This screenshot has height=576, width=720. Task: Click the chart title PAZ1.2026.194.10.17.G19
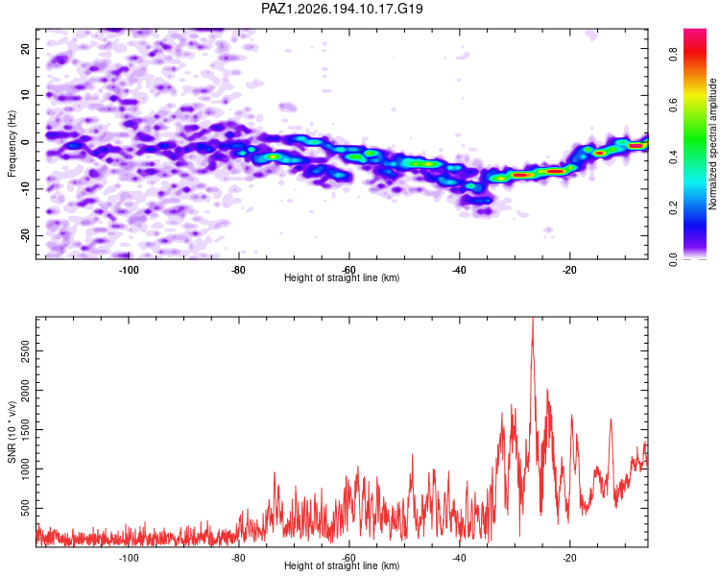click(x=342, y=9)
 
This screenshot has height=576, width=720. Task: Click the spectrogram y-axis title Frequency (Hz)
click(x=12, y=144)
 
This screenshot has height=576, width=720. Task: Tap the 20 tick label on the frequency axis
click(x=25, y=48)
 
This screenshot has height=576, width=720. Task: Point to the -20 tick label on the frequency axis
click(x=25, y=236)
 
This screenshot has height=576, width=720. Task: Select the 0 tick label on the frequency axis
click(x=25, y=142)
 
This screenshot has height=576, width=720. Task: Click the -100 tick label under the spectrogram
click(x=129, y=270)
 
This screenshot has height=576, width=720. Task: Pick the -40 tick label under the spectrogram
click(x=459, y=270)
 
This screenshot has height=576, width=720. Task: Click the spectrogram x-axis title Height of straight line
click(x=342, y=277)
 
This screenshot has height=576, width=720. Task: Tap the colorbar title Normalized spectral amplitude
click(x=712, y=144)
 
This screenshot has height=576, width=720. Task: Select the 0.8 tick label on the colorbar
click(x=673, y=55)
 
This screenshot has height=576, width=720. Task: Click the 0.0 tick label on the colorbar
click(x=673, y=259)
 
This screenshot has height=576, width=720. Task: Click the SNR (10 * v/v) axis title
click(x=12, y=432)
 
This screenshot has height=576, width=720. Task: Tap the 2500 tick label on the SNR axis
click(x=25, y=351)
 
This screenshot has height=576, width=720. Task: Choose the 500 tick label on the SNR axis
click(x=25, y=508)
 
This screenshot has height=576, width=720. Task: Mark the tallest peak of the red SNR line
click(x=533, y=318)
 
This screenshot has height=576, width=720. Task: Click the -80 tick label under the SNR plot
click(x=239, y=558)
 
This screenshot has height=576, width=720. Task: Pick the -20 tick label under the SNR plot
click(x=569, y=558)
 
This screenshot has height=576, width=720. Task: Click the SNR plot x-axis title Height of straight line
click(x=342, y=565)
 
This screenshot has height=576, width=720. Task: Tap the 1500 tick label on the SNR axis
click(x=25, y=430)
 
